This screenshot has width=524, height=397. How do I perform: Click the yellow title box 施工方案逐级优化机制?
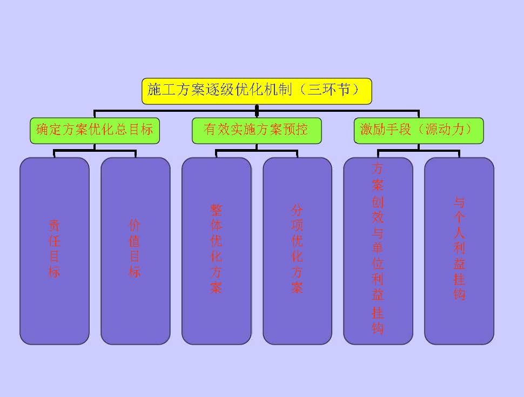(257, 91)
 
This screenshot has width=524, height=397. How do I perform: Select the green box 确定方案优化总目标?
(95, 130)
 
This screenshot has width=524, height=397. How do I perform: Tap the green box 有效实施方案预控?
(257, 130)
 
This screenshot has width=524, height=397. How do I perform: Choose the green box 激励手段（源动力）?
(419, 130)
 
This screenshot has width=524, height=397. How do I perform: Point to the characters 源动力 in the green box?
(448, 130)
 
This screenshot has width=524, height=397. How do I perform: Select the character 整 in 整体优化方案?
(216, 210)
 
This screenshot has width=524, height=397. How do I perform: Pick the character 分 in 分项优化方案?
(297, 210)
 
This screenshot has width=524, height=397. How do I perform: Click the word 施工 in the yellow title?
(162, 90)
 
